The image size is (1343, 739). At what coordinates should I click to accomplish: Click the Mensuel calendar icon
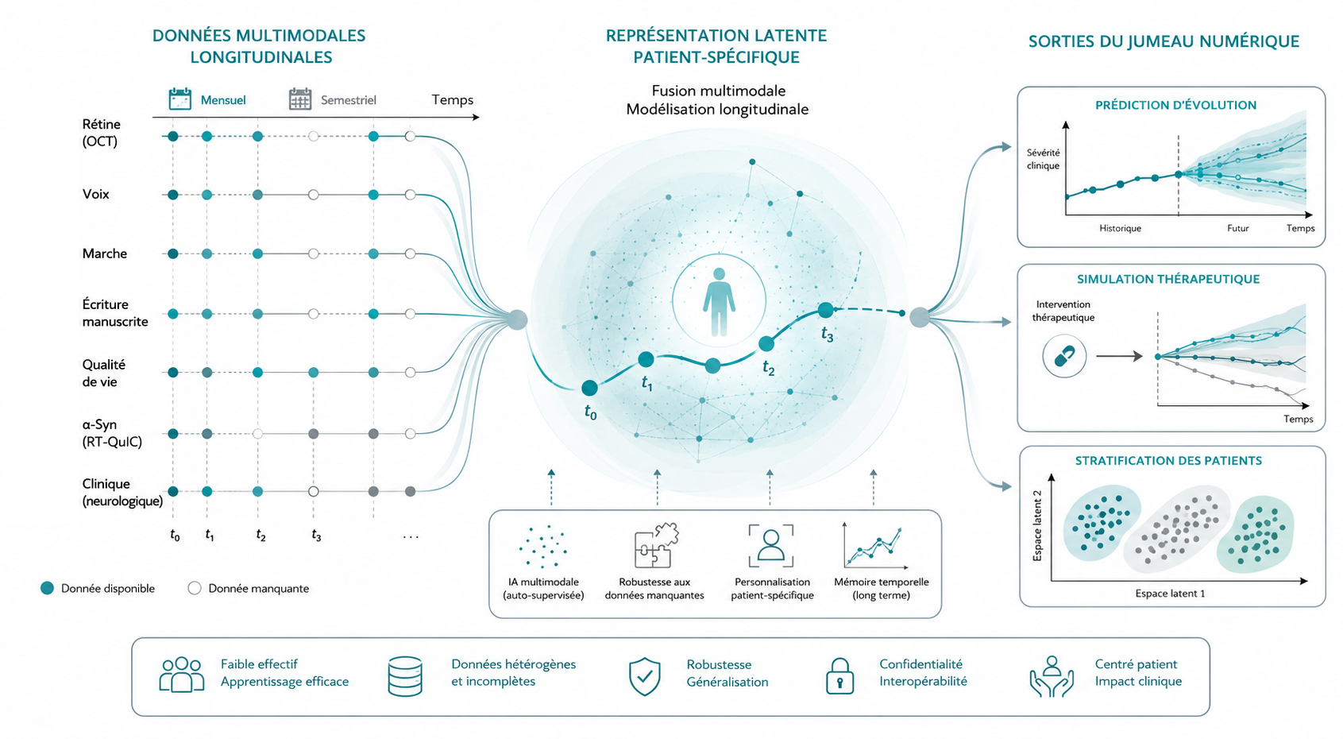coord(179,99)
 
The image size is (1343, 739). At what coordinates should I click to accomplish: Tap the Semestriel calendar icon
coord(299,99)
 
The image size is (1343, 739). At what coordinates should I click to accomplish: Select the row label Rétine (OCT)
coord(102,133)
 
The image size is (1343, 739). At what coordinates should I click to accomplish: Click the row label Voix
coord(96,194)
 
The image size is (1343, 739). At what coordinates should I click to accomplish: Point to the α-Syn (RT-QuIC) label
coord(112,433)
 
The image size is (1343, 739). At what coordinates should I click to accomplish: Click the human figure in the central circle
coord(719,302)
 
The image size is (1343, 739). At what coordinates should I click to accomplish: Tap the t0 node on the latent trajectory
coord(589,388)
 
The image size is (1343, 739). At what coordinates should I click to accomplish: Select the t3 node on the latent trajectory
coord(826,310)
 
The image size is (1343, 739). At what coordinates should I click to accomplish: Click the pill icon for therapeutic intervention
coord(1064,356)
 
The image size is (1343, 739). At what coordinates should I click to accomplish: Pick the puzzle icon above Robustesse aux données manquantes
coord(655,545)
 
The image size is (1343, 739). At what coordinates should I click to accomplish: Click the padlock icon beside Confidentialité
coord(839,676)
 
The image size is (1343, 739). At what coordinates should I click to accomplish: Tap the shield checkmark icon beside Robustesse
coord(645,676)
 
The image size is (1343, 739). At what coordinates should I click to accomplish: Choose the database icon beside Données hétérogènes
coord(405,676)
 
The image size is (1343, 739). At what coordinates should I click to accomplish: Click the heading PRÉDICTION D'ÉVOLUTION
coord(1175,105)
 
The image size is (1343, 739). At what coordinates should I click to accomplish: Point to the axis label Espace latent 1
coord(1170,594)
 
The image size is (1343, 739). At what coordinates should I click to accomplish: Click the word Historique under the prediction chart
coord(1120,228)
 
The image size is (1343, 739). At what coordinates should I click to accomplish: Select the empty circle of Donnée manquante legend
coord(195,588)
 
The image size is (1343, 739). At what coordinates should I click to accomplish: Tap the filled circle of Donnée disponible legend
coord(48,588)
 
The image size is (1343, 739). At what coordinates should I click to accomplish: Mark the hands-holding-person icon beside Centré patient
coord(1052,676)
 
